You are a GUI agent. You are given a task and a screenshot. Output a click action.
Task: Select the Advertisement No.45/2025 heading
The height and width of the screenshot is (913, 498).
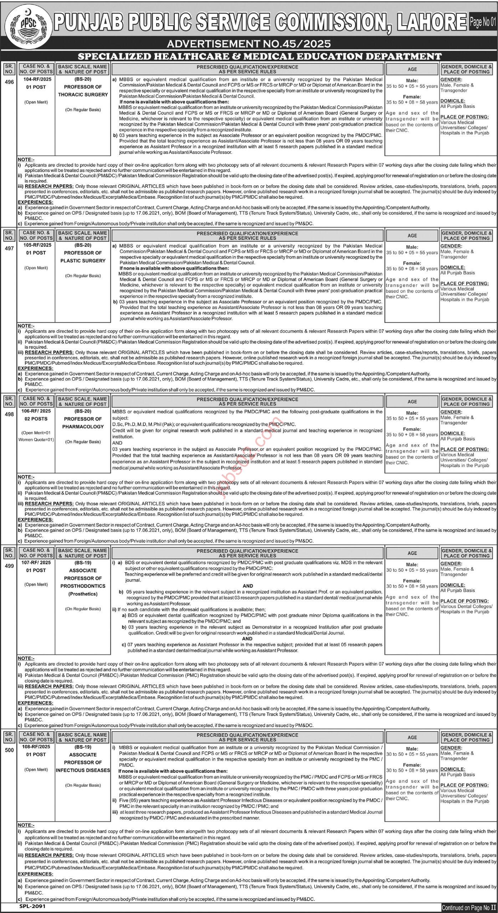click(249, 44)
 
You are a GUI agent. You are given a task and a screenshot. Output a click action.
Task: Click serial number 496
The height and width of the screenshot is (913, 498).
click(10, 82)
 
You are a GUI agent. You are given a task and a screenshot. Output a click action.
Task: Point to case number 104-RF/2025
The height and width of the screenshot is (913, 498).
click(36, 81)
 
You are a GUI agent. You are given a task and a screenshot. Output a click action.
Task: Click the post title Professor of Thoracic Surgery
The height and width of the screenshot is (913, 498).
click(83, 91)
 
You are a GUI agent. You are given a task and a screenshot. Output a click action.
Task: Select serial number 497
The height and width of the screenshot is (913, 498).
click(10, 248)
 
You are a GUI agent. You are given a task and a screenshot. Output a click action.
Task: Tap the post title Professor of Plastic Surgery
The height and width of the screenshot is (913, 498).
click(83, 257)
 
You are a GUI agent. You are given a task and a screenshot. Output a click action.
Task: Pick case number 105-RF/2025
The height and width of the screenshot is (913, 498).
click(36, 245)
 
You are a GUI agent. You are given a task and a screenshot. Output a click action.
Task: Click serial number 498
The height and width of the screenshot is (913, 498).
click(10, 414)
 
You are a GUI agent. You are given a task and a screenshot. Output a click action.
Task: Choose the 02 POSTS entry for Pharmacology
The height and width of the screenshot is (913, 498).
click(36, 419)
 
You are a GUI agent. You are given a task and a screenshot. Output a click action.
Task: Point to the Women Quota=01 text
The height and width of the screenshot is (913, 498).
click(36, 439)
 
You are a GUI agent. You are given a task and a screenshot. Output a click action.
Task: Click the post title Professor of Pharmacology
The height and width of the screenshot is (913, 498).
click(83, 423)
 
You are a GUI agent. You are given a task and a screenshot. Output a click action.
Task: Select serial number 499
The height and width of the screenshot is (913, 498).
click(10, 566)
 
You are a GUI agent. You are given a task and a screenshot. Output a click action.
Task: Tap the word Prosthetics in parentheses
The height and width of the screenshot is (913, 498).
click(83, 594)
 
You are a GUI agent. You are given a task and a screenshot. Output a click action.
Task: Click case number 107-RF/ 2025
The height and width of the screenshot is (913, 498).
click(36, 562)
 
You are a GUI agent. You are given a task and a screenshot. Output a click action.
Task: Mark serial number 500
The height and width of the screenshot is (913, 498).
click(10, 750)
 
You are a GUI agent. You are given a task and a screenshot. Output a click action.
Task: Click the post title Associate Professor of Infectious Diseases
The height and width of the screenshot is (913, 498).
click(83, 762)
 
